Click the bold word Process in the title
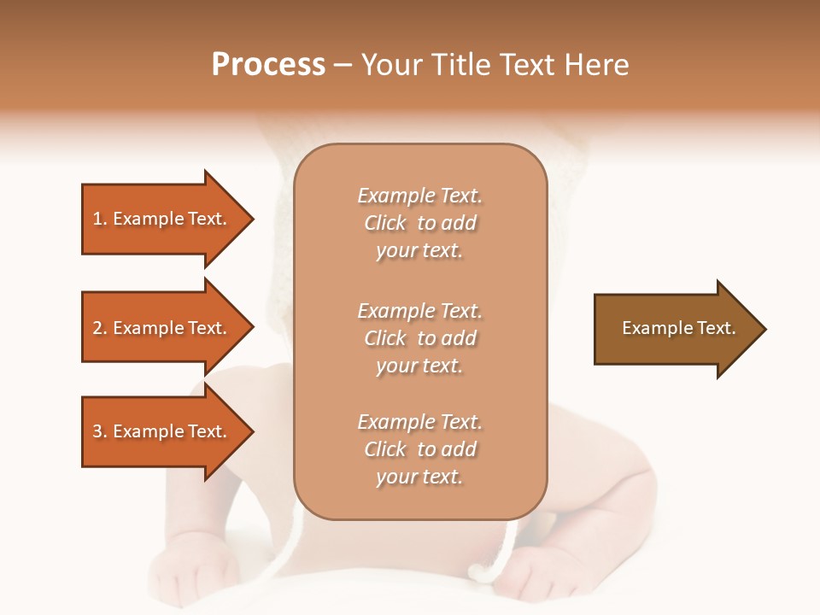pyautogui.click(x=268, y=65)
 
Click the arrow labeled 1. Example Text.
pyautogui.click(x=162, y=219)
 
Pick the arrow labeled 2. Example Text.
pyautogui.click(x=162, y=328)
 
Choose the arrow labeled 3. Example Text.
pyautogui.click(x=162, y=431)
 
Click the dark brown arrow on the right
pyautogui.click(x=675, y=328)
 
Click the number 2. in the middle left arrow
pyautogui.click(x=100, y=328)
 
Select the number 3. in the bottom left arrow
pyautogui.click(x=100, y=431)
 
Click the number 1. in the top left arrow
pyautogui.click(x=100, y=219)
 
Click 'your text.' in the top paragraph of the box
pyautogui.click(x=419, y=251)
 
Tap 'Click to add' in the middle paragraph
pyautogui.click(x=419, y=338)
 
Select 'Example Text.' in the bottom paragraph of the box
pyautogui.click(x=419, y=422)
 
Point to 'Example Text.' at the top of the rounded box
pyautogui.click(x=419, y=196)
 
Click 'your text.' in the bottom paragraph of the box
pyautogui.click(x=419, y=477)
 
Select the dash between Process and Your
pyautogui.click(x=343, y=65)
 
